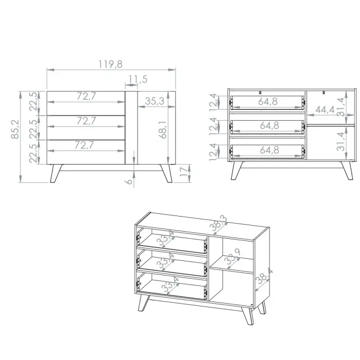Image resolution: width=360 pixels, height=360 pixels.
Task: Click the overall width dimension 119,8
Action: click(x=110, y=64)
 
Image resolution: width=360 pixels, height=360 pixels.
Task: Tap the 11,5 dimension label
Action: click(x=138, y=79)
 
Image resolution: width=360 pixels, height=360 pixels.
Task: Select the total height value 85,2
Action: click(x=15, y=129)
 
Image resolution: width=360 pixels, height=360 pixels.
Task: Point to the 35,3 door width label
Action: click(x=154, y=101)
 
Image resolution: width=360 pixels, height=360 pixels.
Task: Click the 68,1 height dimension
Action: click(x=162, y=129)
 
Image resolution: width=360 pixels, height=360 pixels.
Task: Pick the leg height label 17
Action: click(x=184, y=172)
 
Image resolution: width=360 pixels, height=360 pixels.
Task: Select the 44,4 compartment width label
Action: click(x=325, y=110)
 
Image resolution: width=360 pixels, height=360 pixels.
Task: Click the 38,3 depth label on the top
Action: click(x=218, y=223)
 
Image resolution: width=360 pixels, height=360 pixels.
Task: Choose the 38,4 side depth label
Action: click(x=264, y=276)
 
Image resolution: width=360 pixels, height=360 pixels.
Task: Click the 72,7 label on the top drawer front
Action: click(x=86, y=96)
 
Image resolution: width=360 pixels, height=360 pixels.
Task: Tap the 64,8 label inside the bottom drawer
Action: click(x=270, y=150)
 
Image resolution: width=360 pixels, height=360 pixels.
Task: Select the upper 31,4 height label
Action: click(x=341, y=107)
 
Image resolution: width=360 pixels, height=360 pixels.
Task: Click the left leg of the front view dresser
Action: click(x=56, y=173)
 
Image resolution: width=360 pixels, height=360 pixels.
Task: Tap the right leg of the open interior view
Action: click(x=347, y=171)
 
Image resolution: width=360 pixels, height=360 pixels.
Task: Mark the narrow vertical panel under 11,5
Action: click(x=132, y=128)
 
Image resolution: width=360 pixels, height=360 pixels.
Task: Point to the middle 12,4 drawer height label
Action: click(x=213, y=126)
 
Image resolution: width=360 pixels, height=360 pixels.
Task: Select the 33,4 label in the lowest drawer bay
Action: click(x=170, y=284)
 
